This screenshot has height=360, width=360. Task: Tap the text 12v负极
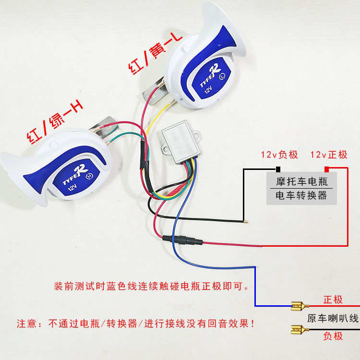pyautogui.click(x=279, y=155)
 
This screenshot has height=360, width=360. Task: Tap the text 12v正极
pyautogui.click(x=329, y=155)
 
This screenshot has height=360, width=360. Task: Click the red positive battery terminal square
pyautogui.click(x=327, y=169)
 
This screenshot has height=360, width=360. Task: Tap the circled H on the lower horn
pyautogui.click(x=89, y=176)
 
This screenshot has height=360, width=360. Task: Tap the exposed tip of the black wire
pyautogui.click(x=246, y=222)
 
